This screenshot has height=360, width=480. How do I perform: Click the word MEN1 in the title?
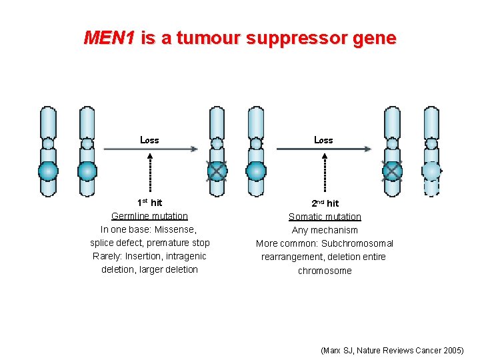pos(109,38)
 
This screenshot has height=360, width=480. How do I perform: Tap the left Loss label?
pos(149,140)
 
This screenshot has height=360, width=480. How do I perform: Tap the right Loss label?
pos(323,140)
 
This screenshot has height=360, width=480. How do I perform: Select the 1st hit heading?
pos(149,203)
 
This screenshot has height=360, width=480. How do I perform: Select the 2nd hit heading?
pos(325,203)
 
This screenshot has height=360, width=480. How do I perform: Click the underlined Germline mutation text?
pos(149,216)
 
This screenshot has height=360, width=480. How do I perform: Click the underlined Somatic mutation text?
pos(325,217)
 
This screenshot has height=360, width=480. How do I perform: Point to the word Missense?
pos(175,229)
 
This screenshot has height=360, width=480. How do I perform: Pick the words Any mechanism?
pos(325,230)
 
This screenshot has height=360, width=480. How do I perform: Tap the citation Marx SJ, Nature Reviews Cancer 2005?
pos(392,350)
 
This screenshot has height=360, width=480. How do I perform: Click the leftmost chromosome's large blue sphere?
pos(48,171)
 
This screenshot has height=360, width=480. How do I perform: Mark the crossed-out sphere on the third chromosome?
pos(217,171)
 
